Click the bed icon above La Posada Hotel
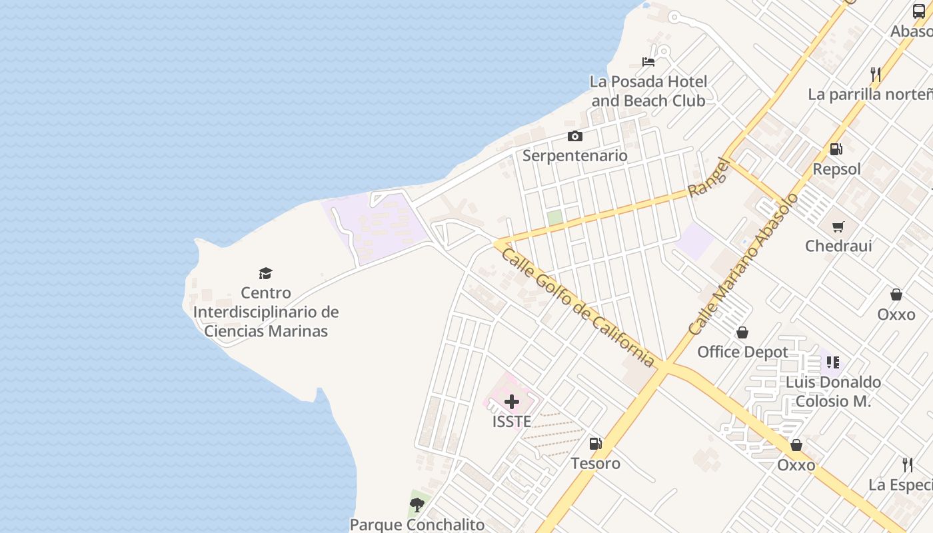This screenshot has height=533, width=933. pos(648,62)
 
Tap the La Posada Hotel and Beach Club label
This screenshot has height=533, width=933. pos(648,91)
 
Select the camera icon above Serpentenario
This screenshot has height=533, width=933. pos(574,137)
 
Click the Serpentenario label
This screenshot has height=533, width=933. pos(574,155)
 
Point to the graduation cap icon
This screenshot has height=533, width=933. pos(266,273)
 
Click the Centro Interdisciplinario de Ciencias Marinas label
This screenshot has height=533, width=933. pos(266,312)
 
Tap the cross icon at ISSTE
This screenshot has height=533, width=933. pos(512,402)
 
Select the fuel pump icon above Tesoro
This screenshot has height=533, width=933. pos(595,444)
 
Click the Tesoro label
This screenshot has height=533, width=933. pos(595,463)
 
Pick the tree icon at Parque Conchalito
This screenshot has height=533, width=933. pos(417,505)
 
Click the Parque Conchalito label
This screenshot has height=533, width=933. pos(417,524)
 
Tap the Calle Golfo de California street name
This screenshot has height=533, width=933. pos(577,307)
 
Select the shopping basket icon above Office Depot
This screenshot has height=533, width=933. pos(742,332)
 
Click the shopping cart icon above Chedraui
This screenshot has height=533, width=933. pos(838,227)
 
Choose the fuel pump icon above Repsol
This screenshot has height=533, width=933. pos(836,149)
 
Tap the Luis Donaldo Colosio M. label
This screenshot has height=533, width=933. pos(833,392)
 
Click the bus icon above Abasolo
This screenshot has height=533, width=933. pos(919,11)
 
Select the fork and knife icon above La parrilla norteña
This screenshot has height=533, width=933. pos(876,75)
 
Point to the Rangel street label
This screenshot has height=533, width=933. pos(709,177)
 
